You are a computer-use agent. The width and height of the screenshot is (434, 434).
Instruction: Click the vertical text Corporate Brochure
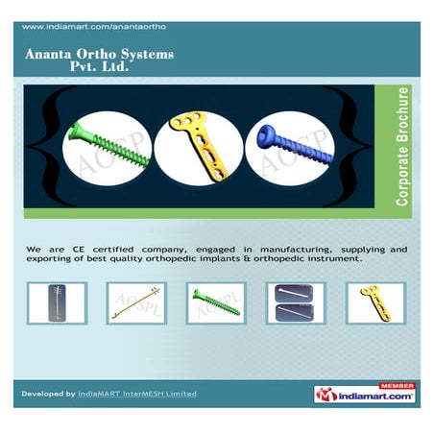tap(403, 147)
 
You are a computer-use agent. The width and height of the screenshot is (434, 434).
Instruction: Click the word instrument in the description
tap(329, 260)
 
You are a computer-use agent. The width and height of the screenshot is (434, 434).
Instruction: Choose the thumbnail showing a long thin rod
tap(136, 302)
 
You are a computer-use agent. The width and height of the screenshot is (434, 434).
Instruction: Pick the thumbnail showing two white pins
tap(296, 302)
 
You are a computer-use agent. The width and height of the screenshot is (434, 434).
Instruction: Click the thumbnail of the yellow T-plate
tap(375, 302)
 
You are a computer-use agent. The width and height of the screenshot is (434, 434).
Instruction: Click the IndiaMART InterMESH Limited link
tap(136, 394)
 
